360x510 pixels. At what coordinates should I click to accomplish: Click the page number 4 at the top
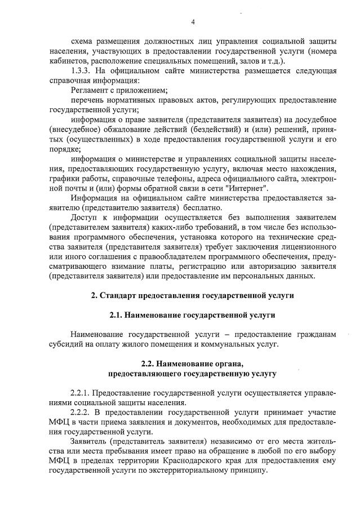193,22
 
